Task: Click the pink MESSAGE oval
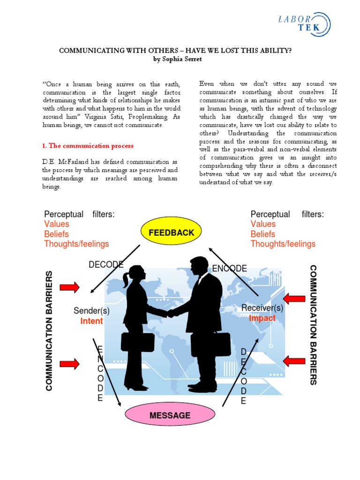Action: click(170, 415)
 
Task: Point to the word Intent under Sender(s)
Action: click(91, 321)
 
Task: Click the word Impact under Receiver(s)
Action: click(262, 318)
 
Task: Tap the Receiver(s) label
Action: click(262, 308)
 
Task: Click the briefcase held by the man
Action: click(216, 345)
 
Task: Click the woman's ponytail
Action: click(125, 280)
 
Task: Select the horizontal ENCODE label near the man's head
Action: click(229, 269)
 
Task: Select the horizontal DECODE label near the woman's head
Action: click(106, 265)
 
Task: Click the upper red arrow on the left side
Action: click(69, 287)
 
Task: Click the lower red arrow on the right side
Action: click(294, 360)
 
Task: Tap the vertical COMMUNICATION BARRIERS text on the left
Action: click(50, 330)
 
